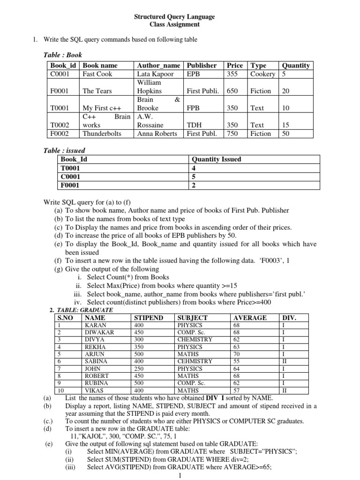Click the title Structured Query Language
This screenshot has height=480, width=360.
174,17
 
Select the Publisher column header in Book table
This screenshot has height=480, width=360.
202,66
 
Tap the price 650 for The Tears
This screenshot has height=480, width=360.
232,91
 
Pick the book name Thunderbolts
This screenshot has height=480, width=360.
102,134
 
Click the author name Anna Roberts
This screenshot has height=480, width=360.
157,134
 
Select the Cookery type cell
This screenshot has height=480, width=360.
262,74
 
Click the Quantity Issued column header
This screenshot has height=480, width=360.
217,159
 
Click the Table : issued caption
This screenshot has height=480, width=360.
64,150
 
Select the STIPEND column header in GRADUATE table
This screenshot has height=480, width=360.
149,318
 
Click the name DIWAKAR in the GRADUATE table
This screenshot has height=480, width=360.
98,332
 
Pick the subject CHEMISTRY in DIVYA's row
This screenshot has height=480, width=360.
195,339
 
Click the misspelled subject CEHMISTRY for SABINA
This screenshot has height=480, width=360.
195,361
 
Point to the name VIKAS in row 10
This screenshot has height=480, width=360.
94,390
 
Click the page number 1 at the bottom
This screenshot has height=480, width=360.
180,475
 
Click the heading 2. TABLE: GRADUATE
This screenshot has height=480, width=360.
82,310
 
